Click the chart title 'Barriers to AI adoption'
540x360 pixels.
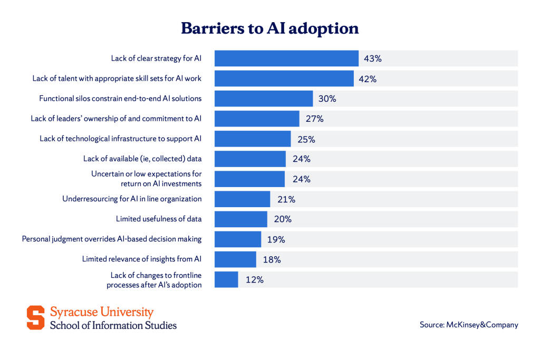coord(269,28)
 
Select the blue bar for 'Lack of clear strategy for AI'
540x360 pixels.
coord(286,59)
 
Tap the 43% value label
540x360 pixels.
coord(372,59)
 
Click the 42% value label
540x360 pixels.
coord(367,79)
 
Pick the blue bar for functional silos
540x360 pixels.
coord(264,99)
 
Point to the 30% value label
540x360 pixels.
coord(327,99)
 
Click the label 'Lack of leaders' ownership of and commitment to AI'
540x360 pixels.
coord(116,119)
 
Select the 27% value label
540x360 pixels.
coord(314,119)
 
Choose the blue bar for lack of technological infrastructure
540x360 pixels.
coord(253,139)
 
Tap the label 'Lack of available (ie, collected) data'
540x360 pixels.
coord(142,159)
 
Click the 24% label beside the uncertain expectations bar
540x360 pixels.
coord(301,179)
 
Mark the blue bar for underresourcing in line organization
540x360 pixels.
coord(243,199)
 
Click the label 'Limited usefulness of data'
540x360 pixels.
coord(159,219)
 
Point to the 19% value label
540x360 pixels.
coord(276,239)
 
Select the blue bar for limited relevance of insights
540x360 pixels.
coord(235,259)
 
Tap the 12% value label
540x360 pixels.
coord(254,280)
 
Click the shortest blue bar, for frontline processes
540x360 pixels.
coord(226,280)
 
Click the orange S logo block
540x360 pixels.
coord(36,318)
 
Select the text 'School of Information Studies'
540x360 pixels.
coord(113,325)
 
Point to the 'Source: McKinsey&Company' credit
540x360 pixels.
coord(469,325)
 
